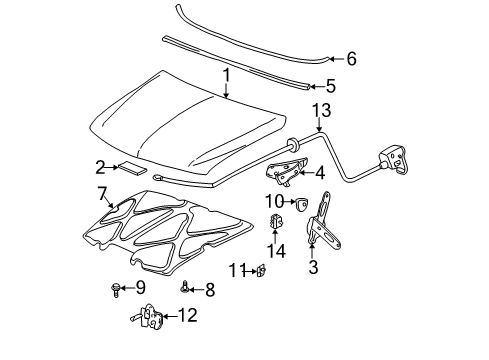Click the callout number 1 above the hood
(227, 74)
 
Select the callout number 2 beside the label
(100, 167)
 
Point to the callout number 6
(350, 60)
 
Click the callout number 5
(330, 87)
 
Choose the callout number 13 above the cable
(319, 109)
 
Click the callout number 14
(280, 251)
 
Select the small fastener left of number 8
(185, 289)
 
